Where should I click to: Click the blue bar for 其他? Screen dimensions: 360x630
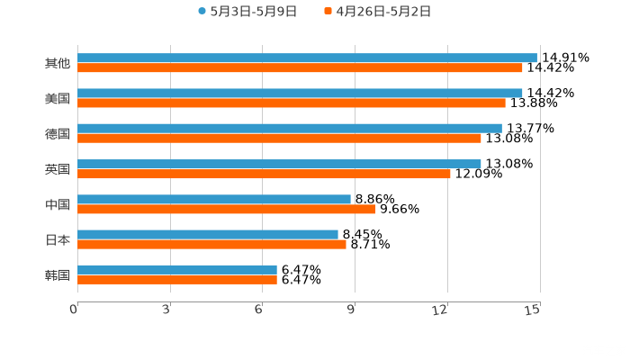307,58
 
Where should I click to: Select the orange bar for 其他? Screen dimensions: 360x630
300,67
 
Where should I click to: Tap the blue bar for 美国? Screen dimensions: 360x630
300,93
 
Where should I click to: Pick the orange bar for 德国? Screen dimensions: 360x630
279,138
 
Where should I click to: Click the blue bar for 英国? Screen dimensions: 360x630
279,164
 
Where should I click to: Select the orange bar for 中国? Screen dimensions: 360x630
227,209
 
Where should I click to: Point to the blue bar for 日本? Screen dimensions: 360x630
208,234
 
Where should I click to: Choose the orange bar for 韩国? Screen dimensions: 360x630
177,279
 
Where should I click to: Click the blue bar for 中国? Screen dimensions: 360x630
214,199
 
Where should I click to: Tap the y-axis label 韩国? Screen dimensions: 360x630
57,274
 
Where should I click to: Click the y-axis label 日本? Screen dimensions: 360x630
57,239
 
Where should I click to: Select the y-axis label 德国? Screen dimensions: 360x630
57,133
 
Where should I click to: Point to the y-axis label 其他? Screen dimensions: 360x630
57,63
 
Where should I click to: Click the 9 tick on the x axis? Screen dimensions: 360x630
352,310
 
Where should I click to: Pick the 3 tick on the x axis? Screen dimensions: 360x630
167,310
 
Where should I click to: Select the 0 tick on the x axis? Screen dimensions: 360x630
74,310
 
